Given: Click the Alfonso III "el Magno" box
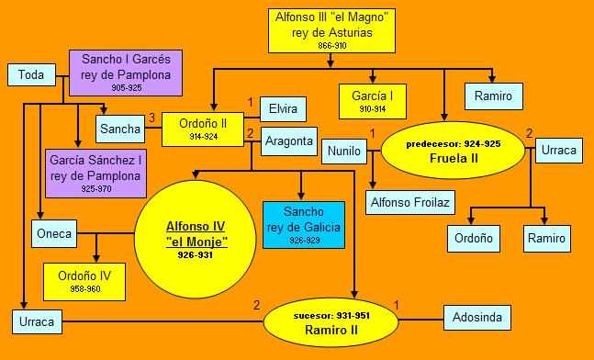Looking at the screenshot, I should (x=332, y=30).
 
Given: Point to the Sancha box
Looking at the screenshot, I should (x=119, y=129).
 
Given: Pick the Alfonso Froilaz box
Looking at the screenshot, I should (x=409, y=200).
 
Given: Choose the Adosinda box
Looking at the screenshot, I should (x=477, y=318).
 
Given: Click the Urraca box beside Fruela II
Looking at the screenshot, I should (x=557, y=149).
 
